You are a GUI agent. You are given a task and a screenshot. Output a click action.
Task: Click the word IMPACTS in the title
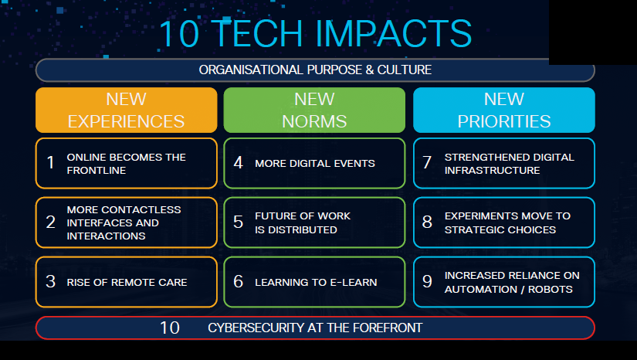pos(393,34)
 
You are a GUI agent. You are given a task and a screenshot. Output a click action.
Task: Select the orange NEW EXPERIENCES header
pos(127,110)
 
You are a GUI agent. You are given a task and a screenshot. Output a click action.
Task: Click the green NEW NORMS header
pos(314,110)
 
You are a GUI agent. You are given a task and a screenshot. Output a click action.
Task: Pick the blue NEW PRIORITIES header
pos(504,110)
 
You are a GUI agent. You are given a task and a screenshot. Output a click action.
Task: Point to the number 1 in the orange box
pos(50,163)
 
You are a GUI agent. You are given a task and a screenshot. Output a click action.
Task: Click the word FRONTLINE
pos(97,170)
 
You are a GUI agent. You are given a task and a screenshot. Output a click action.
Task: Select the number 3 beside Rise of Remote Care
pos(50,281)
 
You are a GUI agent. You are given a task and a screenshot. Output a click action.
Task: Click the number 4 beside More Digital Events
pos(238,163)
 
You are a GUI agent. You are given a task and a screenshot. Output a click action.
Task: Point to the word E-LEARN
pos(354,282)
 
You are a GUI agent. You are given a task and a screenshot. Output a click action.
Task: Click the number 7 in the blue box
pos(427,163)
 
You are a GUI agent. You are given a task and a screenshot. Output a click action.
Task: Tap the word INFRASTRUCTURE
pos(492,170)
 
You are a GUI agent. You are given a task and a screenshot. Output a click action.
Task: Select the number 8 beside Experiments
pos(427,222)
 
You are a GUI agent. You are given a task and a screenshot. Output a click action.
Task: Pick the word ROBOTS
pos(550,289)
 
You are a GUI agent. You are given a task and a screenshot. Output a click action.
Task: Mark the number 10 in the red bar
pos(169,328)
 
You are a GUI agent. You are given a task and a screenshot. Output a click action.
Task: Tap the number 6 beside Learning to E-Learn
pos(238,281)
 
